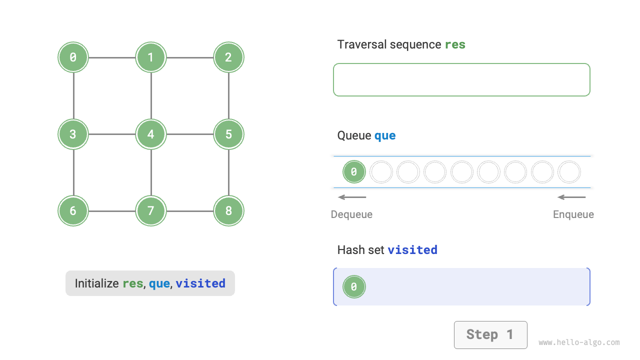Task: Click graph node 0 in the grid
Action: click(x=73, y=57)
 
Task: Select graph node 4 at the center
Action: click(x=150, y=134)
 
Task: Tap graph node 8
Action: click(x=228, y=210)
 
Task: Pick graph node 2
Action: click(x=228, y=57)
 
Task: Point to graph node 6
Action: click(x=73, y=210)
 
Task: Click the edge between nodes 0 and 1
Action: click(x=112, y=57)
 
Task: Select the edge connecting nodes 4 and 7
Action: click(x=150, y=172)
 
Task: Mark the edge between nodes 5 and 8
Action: click(x=228, y=172)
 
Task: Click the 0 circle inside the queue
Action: click(x=354, y=172)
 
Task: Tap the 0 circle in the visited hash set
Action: click(x=354, y=287)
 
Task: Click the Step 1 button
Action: click(x=490, y=334)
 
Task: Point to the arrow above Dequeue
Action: click(x=352, y=197)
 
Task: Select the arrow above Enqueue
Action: click(x=571, y=197)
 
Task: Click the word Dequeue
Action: click(x=351, y=214)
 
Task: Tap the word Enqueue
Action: click(x=573, y=214)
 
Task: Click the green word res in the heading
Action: click(x=455, y=44)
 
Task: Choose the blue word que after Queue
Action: click(x=385, y=135)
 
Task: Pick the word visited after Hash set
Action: click(x=412, y=249)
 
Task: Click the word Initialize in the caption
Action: click(x=97, y=283)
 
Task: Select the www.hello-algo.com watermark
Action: click(x=579, y=342)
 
